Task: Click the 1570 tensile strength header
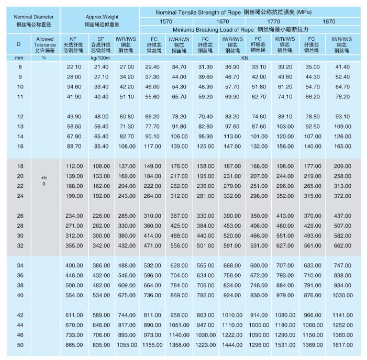pyautogui.click(x=165, y=22)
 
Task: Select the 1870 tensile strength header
pyautogui.click(x=329, y=22)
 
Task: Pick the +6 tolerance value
pyautogui.click(x=44, y=177)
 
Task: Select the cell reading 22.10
pyautogui.click(x=74, y=67)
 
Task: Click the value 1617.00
pyautogui.click(x=342, y=345)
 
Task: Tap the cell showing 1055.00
pyautogui.click(x=126, y=345)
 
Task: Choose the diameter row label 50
pyautogui.click(x=20, y=345)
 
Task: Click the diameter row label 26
pyautogui.click(x=20, y=216)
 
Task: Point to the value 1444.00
pyautogui.click(x=232, y=345)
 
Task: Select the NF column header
pyautogui.click(x=73, y=45)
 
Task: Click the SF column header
pyautogui.click(x=101, y=45)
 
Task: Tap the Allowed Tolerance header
pyautogui.click(x=45, y=45)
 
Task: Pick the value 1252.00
pyautogui.click(x=342, y=325)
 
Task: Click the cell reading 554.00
pyautogui.click(x=74, y=295)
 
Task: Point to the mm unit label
pyautogui.click(x=20, y=58)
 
